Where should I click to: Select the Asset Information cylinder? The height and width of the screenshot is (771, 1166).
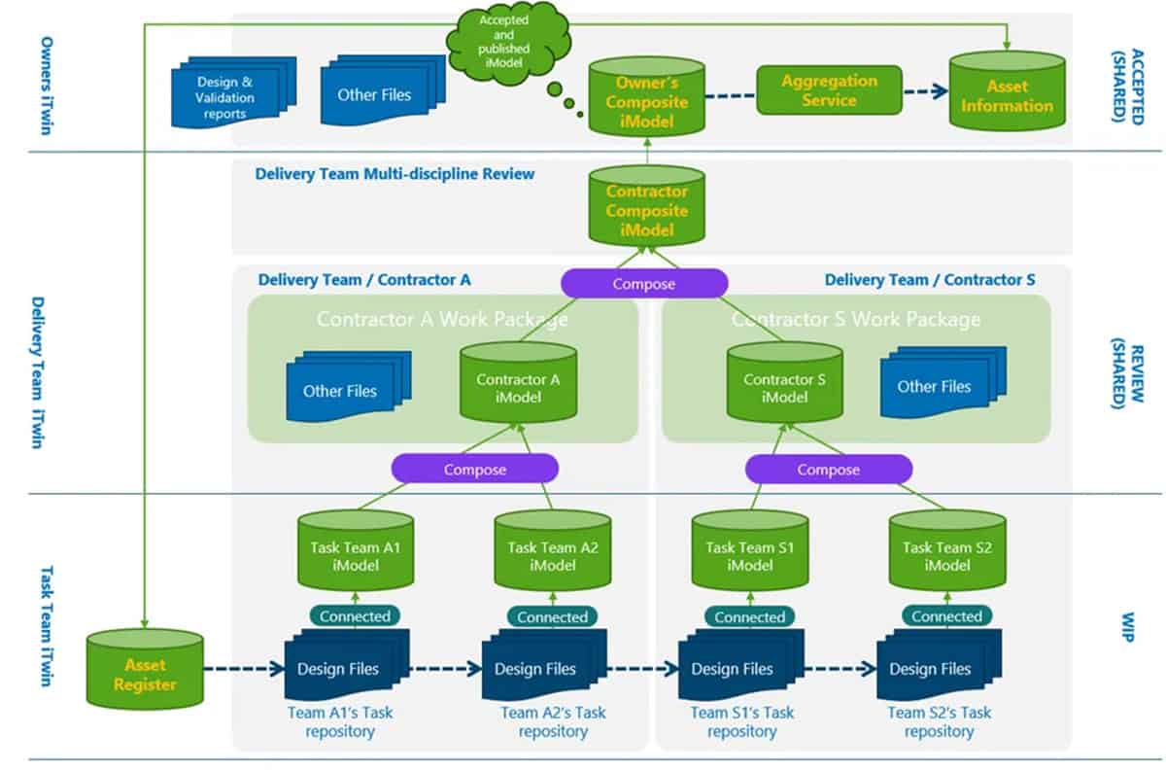point(1007,95)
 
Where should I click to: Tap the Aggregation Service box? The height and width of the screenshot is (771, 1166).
point(829,90)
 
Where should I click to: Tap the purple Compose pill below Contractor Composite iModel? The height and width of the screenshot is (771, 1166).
point(644,284)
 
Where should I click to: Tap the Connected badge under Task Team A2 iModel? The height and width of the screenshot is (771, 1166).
point(552,616)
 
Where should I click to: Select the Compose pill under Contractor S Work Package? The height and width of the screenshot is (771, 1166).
point(829,470)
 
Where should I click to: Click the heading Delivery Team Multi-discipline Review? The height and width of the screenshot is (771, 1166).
point(394,174)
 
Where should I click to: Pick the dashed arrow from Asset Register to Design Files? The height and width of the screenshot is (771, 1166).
point(243,668)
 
